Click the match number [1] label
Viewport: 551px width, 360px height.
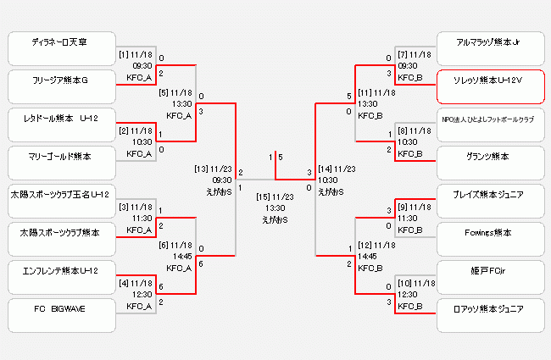click(x=123, y=54)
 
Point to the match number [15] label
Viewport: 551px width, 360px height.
click(x=264, y=197)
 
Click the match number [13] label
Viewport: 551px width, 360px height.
click(x=202, y=169)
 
